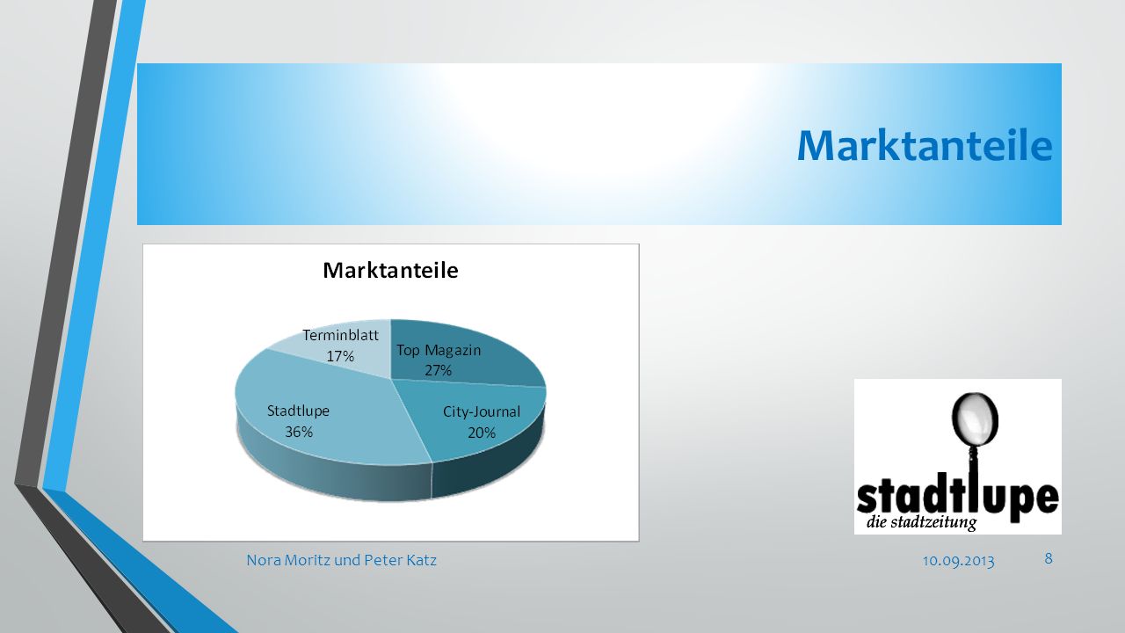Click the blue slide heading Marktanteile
(x=925, y=146)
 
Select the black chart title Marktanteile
(x=390, y=270)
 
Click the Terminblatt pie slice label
(x=340, y=335)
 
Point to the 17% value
(x=340, y=356)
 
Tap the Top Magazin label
(x=439, y=350)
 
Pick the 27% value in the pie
(x=439, y=370)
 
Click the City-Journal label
(x=481, y=412)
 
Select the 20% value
(x=482, y=433)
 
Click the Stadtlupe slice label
(x=298, y=411)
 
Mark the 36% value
(x=299, y=432)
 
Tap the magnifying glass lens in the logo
(x=975, y=416)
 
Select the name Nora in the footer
(x=265, y=560)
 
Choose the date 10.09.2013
(x=958, y=561)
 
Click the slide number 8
(x=1049, y=558)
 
